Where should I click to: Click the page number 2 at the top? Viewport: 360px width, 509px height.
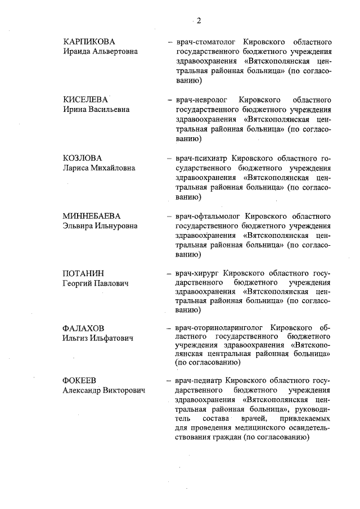point(199,21)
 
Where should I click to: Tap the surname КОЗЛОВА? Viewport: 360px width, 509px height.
point(83,158)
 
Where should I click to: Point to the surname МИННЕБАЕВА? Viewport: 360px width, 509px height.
point(92,217)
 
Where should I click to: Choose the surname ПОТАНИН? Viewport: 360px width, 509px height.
point(84,274)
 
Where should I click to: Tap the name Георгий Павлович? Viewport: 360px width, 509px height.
point(95,283)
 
